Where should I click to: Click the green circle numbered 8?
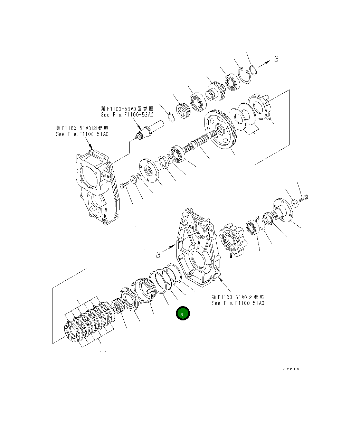[x=183, y=313]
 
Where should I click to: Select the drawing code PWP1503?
[x=294, y=369]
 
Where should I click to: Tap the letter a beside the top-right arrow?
[x=276, y=59]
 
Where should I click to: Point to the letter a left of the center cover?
[x=158, y=255]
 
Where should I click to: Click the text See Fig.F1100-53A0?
[x=127, y=115]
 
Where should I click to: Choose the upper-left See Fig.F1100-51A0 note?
[x=82, y=134]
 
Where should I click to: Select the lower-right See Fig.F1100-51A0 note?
[x=238, y=303]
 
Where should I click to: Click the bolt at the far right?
[x=304, y=198]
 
